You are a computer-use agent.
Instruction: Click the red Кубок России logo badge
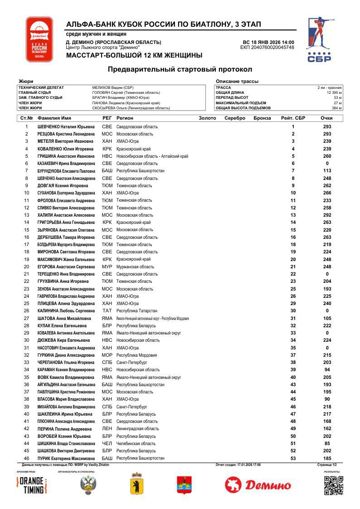[x=39, y=39]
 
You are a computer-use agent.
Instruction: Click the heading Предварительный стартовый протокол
[x=180, y=69]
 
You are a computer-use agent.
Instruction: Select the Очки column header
[x=326, y=118]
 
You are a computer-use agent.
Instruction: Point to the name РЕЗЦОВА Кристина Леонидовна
[x=66, y=134]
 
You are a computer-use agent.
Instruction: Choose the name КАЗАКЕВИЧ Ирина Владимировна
[x=66, y=164]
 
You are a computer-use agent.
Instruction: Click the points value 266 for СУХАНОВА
[x=327, y=193]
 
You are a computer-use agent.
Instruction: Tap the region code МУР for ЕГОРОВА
[x=107, y=267]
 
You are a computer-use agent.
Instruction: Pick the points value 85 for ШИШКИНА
[x=327, y=443]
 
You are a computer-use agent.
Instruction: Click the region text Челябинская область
[x=136, y=443]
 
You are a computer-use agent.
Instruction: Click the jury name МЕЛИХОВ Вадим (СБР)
[x=113, y=87]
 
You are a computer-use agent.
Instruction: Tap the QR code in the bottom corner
[x=333, y=485]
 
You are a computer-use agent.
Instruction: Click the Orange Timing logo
[x=32, y=485]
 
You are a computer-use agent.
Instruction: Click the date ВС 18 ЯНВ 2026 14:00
[x=268, y=42]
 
